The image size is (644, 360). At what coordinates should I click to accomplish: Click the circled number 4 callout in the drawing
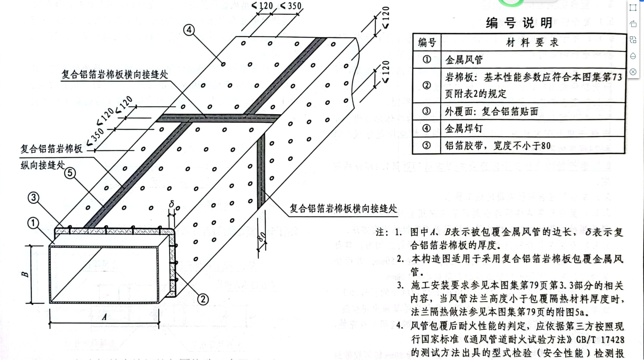coord(189,30)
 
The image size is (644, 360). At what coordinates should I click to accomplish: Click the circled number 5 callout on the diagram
coord(70,173)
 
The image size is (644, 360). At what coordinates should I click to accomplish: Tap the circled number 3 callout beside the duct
coord(33,197)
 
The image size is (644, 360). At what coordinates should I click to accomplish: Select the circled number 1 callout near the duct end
coord(33,223)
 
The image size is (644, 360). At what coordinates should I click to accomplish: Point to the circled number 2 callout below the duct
coord(203,299)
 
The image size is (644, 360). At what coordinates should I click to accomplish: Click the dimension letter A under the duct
coord(104,316)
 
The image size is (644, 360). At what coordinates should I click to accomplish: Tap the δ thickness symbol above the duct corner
coord(171,205)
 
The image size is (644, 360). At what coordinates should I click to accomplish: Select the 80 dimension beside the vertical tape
coord(262,237)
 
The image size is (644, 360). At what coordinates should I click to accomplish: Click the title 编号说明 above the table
coord(519,23)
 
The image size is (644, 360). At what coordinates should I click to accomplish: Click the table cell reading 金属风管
coord(464,60)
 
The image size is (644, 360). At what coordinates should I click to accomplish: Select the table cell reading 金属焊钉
coord(464,128)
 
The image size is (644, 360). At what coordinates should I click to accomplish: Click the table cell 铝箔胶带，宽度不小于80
coord(498,146)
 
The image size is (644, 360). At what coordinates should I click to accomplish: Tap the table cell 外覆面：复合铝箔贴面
coord(491,112)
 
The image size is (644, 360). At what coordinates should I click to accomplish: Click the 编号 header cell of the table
coord(427,42)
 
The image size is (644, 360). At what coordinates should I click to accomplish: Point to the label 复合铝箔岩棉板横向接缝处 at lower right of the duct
coord(343,208)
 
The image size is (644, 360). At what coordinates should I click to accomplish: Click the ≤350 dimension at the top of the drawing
coord(291,6)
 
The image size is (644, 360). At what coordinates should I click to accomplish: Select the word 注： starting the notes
coord(382,232)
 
